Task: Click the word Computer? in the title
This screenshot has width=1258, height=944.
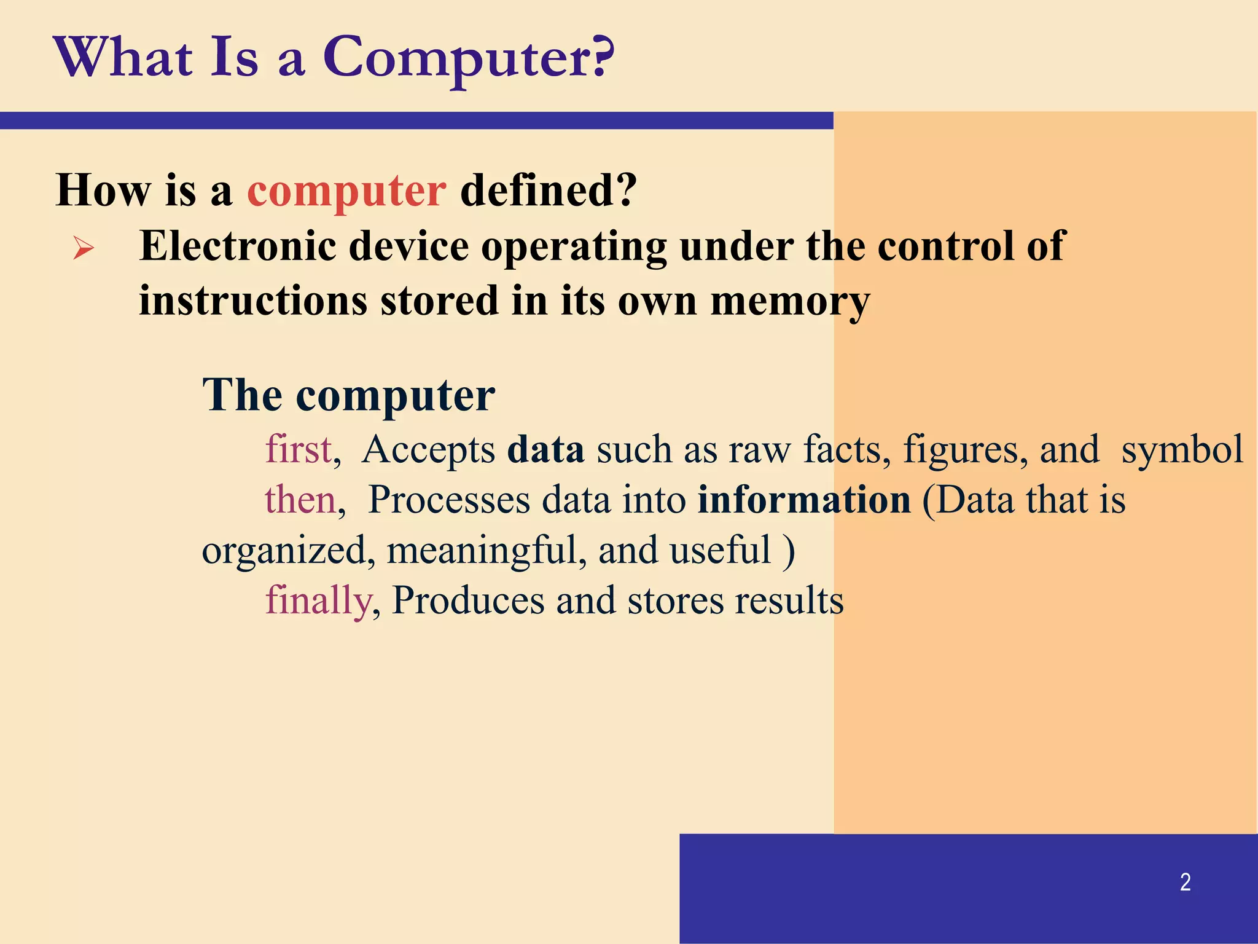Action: (468, 58)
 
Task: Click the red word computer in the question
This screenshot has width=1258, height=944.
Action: (346, 191)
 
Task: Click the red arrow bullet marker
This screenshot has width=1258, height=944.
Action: (84, 249)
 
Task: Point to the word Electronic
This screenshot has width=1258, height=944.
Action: (238, 246)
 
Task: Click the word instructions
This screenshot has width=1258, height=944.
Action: (253, 301)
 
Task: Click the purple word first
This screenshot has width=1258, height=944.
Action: (299, 449)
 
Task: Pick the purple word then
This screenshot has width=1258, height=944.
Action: (300, 500)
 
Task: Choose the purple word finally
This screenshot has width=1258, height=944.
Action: (318, 600)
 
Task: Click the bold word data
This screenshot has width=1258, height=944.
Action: (545, 449)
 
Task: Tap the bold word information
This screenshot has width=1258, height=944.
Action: (804, 500)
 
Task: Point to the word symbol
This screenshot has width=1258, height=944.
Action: (1182, 450)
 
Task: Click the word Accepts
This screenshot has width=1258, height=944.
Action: (428, 450)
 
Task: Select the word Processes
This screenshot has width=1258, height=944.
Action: (449, 500)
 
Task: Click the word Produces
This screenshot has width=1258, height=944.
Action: (468, 600)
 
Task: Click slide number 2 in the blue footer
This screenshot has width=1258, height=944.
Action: (1185, 883)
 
